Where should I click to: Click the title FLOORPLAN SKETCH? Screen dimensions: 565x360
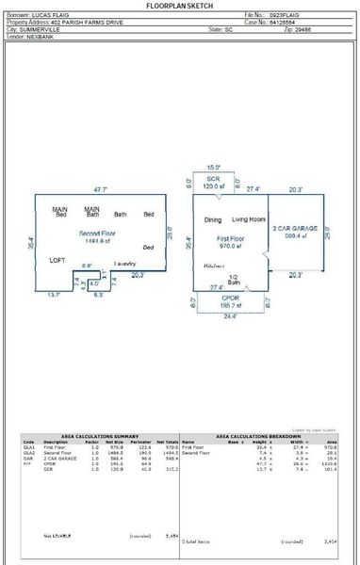[180, 6]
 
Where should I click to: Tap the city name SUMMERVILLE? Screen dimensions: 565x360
[41, 30]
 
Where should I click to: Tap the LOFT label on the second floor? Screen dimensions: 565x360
[57, 259]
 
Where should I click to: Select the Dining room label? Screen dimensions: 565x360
[213, 220]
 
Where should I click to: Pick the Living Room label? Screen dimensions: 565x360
[250, 220]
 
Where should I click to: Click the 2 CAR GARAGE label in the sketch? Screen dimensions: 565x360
[295, 229]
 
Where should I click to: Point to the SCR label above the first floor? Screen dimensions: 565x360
[214, 178]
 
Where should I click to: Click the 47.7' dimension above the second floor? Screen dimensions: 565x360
[101, 189]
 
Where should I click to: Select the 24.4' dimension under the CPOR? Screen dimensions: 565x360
[230, 316]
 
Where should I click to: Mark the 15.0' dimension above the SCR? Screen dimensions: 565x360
[214, 168]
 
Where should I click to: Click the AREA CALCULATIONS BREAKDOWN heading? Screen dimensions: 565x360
[259, 436]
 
